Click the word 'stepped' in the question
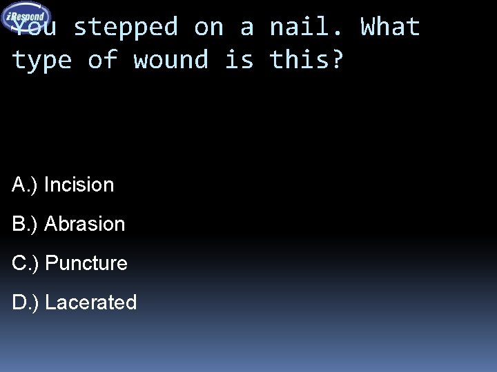click(x=126, y=28)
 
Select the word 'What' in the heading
click(x=391, y=28)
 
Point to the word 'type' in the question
click(x=42, y=61)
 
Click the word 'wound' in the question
click(x=171, y=60)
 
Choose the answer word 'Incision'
click(x=79, y=185)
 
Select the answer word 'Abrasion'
click(x=84, y=224)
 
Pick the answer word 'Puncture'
click(x=86, y=263)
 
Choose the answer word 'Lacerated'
click(x=91, y=302)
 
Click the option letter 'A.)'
click(x=26, y=185)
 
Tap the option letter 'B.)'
click(x=26, y=224)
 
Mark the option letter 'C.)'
click(x=26, y=263)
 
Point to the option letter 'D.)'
click(x=26, y=302)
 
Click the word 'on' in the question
click(x=208, y=28)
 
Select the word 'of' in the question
click(x=103, y=60)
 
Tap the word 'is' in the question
click(x=239, y=60)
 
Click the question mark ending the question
click(x=336, y=60)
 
